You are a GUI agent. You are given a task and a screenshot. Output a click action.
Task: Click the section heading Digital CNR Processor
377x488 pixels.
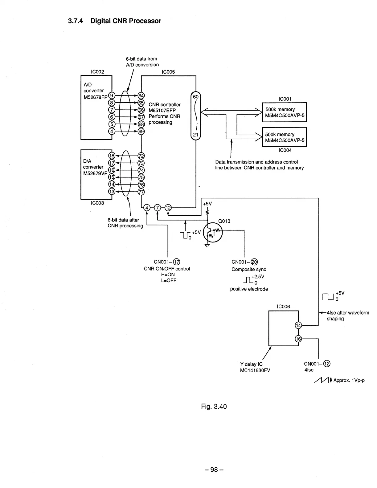click(x=114, y=21)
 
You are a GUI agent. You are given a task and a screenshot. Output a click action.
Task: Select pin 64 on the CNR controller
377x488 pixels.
click(x=141, y=96)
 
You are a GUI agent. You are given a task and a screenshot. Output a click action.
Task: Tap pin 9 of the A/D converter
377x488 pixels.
click(x=112, y=96)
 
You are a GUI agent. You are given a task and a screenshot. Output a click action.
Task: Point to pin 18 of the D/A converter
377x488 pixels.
click(x=112, y=156)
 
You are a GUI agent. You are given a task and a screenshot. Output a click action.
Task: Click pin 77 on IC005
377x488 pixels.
click(x=141, y=192)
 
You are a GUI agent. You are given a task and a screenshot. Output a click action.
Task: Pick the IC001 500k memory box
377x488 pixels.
click(x=284, y=112)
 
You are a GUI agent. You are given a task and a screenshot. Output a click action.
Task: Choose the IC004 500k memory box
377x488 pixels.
click(x=284, y=137)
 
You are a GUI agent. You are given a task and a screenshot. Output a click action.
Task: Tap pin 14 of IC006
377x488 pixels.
click(x=298, y=325)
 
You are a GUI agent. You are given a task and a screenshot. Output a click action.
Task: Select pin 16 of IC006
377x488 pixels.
click(x=298, y=339)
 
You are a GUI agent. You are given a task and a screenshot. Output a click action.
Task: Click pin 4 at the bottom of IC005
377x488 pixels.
click(x=147, y=208)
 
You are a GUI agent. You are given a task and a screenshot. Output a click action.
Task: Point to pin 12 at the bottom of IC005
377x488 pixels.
click(x=168, y=208)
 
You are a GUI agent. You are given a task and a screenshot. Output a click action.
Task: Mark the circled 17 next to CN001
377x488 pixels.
click(x=177, y=262)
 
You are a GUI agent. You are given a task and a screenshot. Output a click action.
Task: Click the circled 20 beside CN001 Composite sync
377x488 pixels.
click(x=254, y=262)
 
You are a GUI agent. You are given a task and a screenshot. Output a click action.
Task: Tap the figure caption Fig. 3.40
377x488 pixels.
click(x=214, y=407)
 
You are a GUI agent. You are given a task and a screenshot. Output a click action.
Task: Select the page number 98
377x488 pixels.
click(x=214, y=470)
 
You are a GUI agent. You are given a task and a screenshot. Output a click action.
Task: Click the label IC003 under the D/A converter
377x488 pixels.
click(x=97, y=203)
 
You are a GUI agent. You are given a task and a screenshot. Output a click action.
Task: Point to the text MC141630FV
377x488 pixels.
click(x=255, y=370)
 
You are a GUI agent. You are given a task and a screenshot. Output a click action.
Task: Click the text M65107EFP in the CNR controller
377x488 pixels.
click(x=162, y=111)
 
